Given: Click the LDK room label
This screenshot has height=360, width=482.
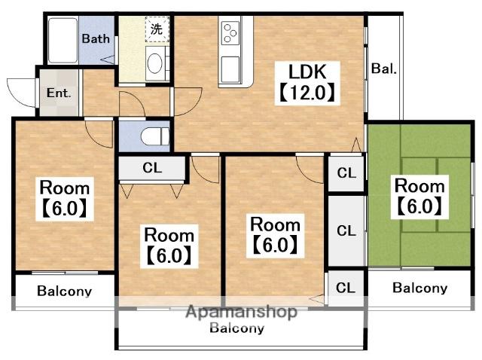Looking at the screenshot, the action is click(x=307, y=72).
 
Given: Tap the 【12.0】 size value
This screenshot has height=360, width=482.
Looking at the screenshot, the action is click(x=307, y=93).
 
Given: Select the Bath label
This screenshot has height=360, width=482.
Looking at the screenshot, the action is click(x=96, y=38).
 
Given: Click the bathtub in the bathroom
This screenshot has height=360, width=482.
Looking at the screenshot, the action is click(x=63, y=40).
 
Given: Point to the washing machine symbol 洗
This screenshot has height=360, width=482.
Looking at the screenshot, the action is click(x=157, y=29).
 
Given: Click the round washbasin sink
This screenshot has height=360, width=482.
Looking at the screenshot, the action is click(x=154, y=63).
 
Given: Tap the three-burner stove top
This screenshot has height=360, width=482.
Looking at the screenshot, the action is click(x=230, y=33).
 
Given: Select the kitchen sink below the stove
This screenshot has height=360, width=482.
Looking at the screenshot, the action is click(x=230, y=69).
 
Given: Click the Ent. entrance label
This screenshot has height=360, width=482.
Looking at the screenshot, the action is click(x=59, y=93).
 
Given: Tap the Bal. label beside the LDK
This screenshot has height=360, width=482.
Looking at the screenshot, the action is click(x=383, y=69).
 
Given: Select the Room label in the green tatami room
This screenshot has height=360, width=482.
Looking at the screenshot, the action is click(x=419, y=186).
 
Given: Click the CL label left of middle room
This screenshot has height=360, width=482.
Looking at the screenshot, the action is click(x=152, y=168).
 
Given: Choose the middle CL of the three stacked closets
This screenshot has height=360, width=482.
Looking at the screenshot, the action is click(x=346, y=230).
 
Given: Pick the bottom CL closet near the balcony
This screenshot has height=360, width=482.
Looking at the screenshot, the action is click(x=346, y=288).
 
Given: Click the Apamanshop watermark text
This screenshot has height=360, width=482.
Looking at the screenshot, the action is click(x=241, y=312).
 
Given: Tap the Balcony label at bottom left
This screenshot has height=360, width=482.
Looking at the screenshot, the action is click(x=64, y=291).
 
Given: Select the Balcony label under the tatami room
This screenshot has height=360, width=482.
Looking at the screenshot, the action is click(x=419, y=288).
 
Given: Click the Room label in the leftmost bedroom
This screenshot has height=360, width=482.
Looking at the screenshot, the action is click(x=65, y=188).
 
